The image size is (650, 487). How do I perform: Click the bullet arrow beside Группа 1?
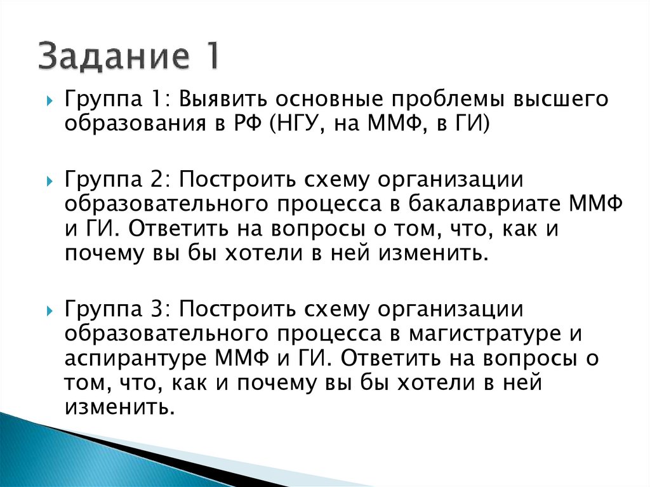(49, 102)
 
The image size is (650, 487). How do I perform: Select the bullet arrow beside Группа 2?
(49, 182)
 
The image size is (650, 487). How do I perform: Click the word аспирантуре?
(136, 358)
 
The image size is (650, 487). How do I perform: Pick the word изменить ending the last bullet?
(119, 406)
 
